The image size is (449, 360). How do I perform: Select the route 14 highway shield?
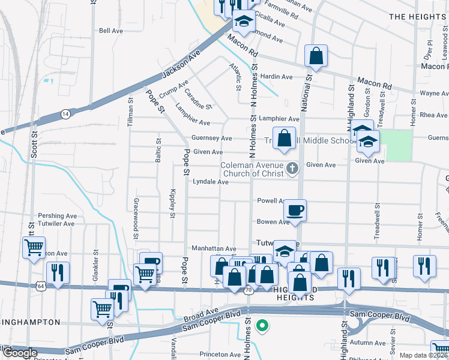(65, 113)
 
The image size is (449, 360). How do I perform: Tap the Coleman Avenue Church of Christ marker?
(292, 169)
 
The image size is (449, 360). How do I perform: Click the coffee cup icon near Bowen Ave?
(295, 211)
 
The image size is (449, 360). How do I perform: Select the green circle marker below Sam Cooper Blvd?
(262, 326)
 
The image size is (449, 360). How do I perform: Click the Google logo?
(19, 353)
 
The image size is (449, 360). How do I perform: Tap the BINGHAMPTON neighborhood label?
(30, 322)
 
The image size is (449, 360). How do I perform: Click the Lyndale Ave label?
(210, 182)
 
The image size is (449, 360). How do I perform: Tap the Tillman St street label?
(130, 109)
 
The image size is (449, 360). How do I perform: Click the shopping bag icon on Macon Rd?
(316, 56)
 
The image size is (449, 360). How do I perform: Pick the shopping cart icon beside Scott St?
(34, 247)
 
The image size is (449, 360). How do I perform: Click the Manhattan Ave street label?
(214, 248)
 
